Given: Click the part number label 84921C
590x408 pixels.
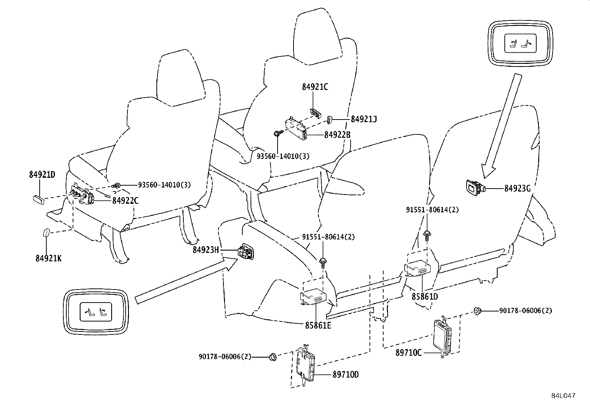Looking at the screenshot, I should pyautogui.click(x=315, y=87).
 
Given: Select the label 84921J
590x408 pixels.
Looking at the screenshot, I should pyautogui.click(x=364, y=119).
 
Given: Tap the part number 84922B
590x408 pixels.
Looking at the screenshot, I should pyautogui.click(x=337, y=135).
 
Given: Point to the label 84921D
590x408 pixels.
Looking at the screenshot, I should pyautogui.click(x=42, y=174).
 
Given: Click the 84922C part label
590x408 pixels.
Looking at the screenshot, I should pyautogui.click(x=125, y=200).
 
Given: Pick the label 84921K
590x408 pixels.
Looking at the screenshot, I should pyautogui.click(x=49, y=258).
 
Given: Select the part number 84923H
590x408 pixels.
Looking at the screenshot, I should pyautogui.click(x=206, y=250).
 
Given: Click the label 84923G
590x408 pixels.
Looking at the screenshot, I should pyautogui.click(x=517, y=189).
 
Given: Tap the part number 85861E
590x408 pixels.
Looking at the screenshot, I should pyautogui.click(x=318, y=326).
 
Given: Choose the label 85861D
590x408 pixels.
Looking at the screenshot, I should pyautogui.click(x=425, y=297).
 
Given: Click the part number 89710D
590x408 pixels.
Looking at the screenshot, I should pyautogui.click(x=345, y=375).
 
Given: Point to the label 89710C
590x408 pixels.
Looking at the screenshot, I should pyautogui.click(x=408, y=353).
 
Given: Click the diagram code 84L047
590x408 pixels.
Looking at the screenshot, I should pyautogui.click(x=563, y=396).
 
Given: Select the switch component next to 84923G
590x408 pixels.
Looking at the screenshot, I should pyautogui.click(x=474, y=187).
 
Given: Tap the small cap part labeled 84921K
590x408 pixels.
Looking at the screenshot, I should pyautogui.click(x=46, y=233).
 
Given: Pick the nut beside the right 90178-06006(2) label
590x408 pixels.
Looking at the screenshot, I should pyautogui.click(x=478, y=311).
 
